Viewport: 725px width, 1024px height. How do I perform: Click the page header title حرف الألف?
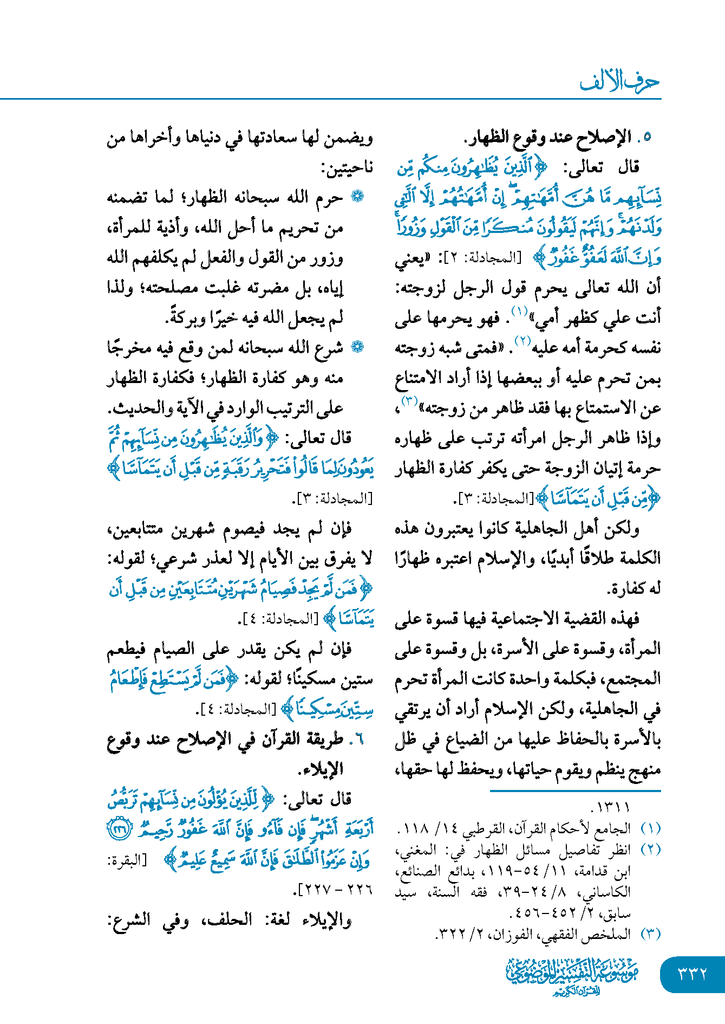[619, 82]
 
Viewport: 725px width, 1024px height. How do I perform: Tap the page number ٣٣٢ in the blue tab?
[693, 974]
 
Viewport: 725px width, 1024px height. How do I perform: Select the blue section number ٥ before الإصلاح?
[647, 138]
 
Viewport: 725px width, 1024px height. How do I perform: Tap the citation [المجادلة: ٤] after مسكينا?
[236, 709]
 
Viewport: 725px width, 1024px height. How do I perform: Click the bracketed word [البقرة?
[127, 860]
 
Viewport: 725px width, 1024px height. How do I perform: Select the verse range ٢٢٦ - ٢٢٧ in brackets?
[334, 890]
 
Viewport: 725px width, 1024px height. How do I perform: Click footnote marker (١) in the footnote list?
[650, 828]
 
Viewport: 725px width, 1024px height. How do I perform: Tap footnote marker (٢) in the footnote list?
[650, 850]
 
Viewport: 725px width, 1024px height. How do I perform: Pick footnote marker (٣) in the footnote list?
[650, 934]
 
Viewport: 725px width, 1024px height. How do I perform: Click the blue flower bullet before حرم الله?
[357, 197]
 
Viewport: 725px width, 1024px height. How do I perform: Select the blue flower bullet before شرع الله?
[357, 347]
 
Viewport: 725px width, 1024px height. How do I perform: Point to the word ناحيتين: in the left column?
[347, 168]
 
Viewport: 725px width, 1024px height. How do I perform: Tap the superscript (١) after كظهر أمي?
[519, 311]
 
